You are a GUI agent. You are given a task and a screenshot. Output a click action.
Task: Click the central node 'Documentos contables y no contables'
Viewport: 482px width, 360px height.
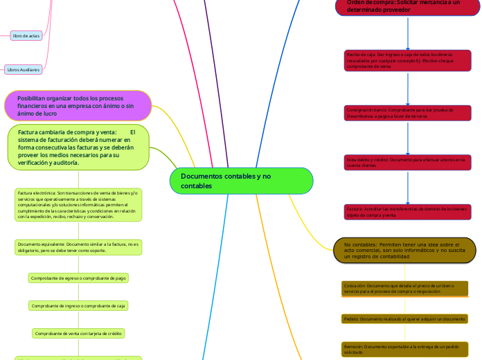241,181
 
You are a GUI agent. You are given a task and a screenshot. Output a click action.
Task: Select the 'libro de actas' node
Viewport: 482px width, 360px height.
26,35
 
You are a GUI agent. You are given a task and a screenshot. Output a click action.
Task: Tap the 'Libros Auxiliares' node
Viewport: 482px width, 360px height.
24,69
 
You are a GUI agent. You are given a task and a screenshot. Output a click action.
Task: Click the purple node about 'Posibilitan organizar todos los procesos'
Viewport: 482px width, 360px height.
78,105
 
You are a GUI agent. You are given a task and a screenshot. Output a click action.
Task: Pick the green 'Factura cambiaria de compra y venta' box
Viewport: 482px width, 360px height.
78,146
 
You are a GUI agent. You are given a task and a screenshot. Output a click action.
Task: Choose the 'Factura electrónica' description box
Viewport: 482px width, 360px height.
78,204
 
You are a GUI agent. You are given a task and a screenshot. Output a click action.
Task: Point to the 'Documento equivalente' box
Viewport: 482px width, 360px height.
78,247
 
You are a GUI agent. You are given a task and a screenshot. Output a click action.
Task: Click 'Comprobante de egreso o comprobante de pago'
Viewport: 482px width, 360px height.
78,278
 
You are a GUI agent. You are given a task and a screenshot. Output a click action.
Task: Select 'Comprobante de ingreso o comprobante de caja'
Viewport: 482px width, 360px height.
78,305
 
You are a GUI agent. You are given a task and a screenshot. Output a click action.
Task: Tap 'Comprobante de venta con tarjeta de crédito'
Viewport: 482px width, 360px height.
78,333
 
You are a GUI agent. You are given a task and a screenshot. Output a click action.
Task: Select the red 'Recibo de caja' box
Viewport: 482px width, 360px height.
407,60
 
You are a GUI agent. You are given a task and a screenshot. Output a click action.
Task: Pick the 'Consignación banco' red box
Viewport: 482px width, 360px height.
407,112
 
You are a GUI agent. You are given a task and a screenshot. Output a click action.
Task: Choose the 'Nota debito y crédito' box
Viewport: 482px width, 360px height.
407,162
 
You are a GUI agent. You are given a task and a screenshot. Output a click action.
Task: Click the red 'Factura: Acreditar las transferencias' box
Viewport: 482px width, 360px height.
407,211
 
